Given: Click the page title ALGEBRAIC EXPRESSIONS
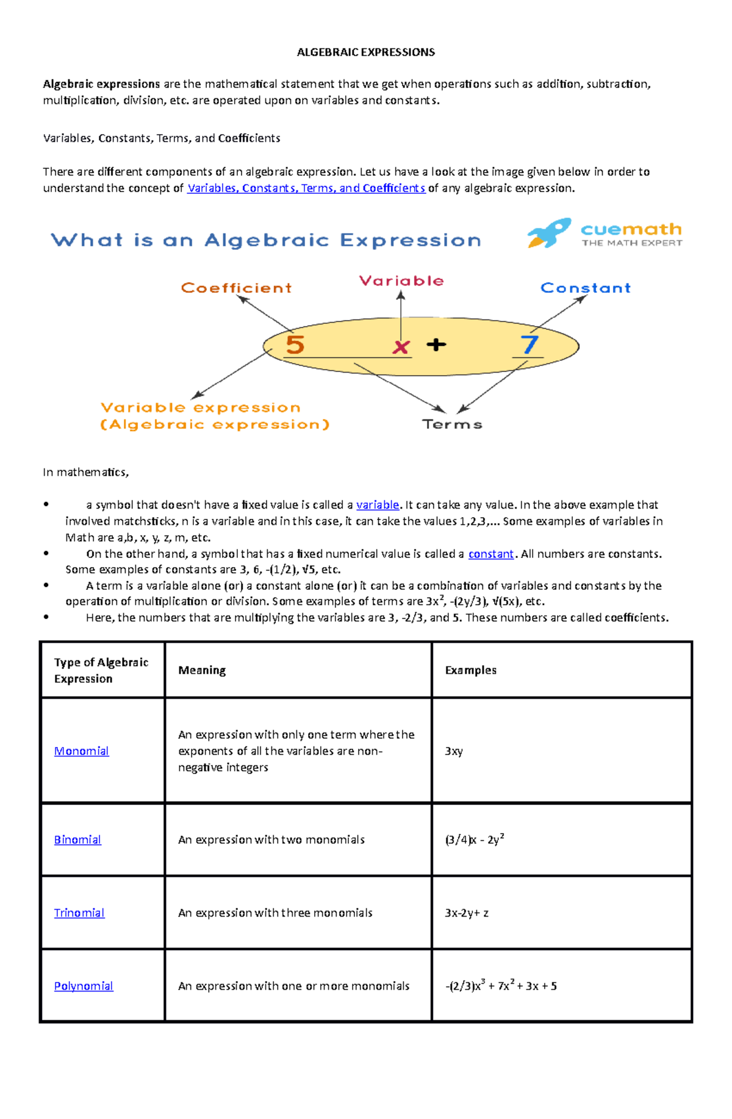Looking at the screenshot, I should [x=365, y=52].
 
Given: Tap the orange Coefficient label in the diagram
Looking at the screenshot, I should [x=236, y=288].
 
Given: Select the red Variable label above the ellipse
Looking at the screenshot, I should [x=401, y=281].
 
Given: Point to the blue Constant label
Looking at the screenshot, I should [x=585, y=288].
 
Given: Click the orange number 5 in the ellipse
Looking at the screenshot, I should [x=295, y=345].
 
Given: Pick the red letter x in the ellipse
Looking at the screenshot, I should [x=401, y=347].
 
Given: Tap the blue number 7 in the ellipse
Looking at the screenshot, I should [x=529, y=345].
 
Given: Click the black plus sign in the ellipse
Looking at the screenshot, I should [x=436, y=345].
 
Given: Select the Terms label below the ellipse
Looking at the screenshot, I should [x=452, y=424].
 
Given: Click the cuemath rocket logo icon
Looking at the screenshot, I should [x=548, y=233].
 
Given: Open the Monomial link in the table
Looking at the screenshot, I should [x=81, y=751].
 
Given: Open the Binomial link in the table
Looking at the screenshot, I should [x=77, y=840].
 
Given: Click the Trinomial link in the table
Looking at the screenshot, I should [x=79, y=913].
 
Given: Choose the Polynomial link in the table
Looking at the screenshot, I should [x=84, y=986].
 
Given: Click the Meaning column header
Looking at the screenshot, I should [x=202, y=670].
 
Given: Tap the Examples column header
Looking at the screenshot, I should [x=470, y=670].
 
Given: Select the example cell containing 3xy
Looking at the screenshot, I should [x=454, y=751].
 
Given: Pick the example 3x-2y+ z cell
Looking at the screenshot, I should [x=467, y=913].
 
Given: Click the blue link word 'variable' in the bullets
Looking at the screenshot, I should [x=378, y=505].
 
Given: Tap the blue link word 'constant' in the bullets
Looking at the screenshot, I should [x=491, y=554].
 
